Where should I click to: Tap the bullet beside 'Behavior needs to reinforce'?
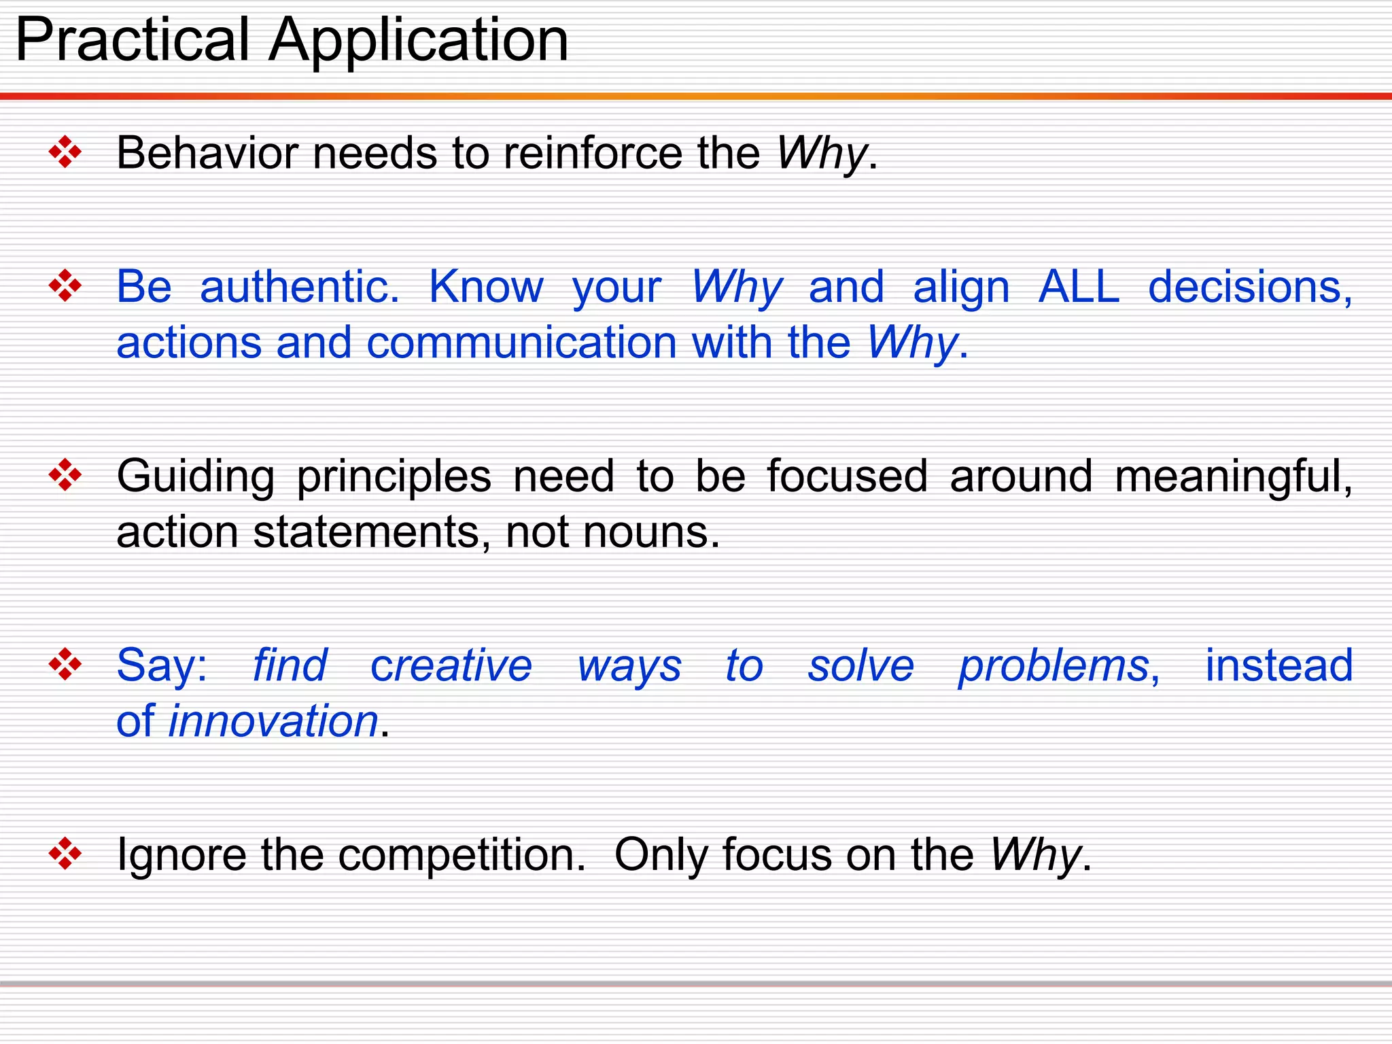(65, 152)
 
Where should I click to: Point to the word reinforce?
(593, 152)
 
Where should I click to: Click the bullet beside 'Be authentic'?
(65, 285)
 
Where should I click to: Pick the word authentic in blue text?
(299, 287)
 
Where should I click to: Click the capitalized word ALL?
(1079, 287)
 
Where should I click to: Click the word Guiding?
(195, 477)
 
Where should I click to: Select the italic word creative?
(451, 665)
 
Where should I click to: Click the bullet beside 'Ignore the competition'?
(65, 853)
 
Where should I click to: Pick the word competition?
(462, 855)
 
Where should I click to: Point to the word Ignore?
(181, 855)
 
